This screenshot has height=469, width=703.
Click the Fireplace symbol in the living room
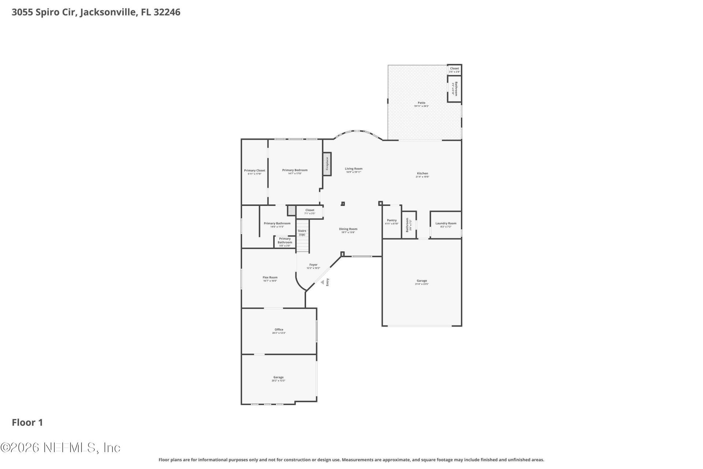(327, 164)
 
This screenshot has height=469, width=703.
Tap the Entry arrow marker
(323, 282)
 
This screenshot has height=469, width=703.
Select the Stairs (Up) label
(302, 233)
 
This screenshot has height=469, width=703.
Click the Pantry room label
(392, 220)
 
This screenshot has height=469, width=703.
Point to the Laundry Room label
(446, 223)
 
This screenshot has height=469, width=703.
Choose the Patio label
(421, 103)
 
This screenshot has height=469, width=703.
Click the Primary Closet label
(254, 170)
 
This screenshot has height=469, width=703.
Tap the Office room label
(279, 329)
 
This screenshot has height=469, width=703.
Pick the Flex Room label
(270, 277)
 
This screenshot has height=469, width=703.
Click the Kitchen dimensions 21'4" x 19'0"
(422, 177)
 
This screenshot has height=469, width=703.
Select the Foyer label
(313, 265)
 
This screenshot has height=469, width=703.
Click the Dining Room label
(348, 229)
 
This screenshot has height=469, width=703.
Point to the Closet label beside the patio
(454, 69)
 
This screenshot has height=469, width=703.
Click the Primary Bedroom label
(295, 170)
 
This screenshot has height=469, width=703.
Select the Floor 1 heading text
(27, 422)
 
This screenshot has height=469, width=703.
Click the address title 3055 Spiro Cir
(96, 12)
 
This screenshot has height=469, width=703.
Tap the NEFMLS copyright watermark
(60, 447)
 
